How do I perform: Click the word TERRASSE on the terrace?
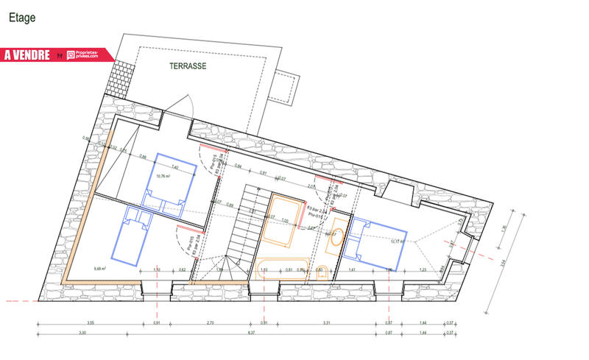(188, 66)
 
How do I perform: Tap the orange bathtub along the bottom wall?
(283, 268)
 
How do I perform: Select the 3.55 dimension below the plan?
(89, 323)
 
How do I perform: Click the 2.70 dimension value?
(210, 323)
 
